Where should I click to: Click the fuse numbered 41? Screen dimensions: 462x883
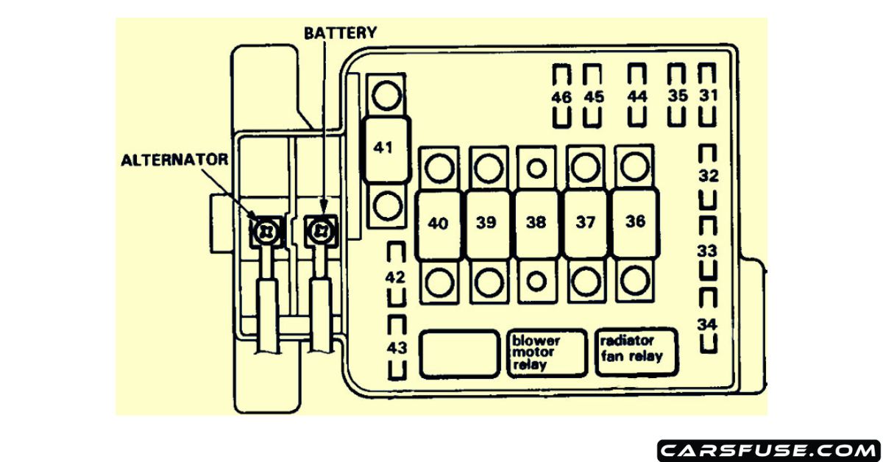click(x=383, y=148)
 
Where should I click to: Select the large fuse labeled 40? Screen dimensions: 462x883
click(x=439, y=224)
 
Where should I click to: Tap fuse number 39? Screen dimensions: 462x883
click(x=486, y=224)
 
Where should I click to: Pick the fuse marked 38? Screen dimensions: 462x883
click(x=536, y=224)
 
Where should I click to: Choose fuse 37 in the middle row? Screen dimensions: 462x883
click(x=586, y=223)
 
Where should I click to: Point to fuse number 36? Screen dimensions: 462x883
click(x=634, y=222)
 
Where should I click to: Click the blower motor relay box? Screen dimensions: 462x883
click(x=547, y=353)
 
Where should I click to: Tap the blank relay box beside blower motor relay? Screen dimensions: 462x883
click(x=459, y=354)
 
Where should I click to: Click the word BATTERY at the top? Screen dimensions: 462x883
click(x=341, y=33)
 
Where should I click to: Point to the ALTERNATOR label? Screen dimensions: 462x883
click(x=174, y=160)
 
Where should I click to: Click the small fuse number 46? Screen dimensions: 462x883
click(x=561, y=97)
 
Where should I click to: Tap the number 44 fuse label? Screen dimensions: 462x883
click(x=637, y=96)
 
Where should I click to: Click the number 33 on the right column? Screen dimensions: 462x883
click(x=708, y=251)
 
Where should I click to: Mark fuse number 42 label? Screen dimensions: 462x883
click(x=396, y=277)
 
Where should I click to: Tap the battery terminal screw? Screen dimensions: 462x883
click(x=321, y=230)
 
